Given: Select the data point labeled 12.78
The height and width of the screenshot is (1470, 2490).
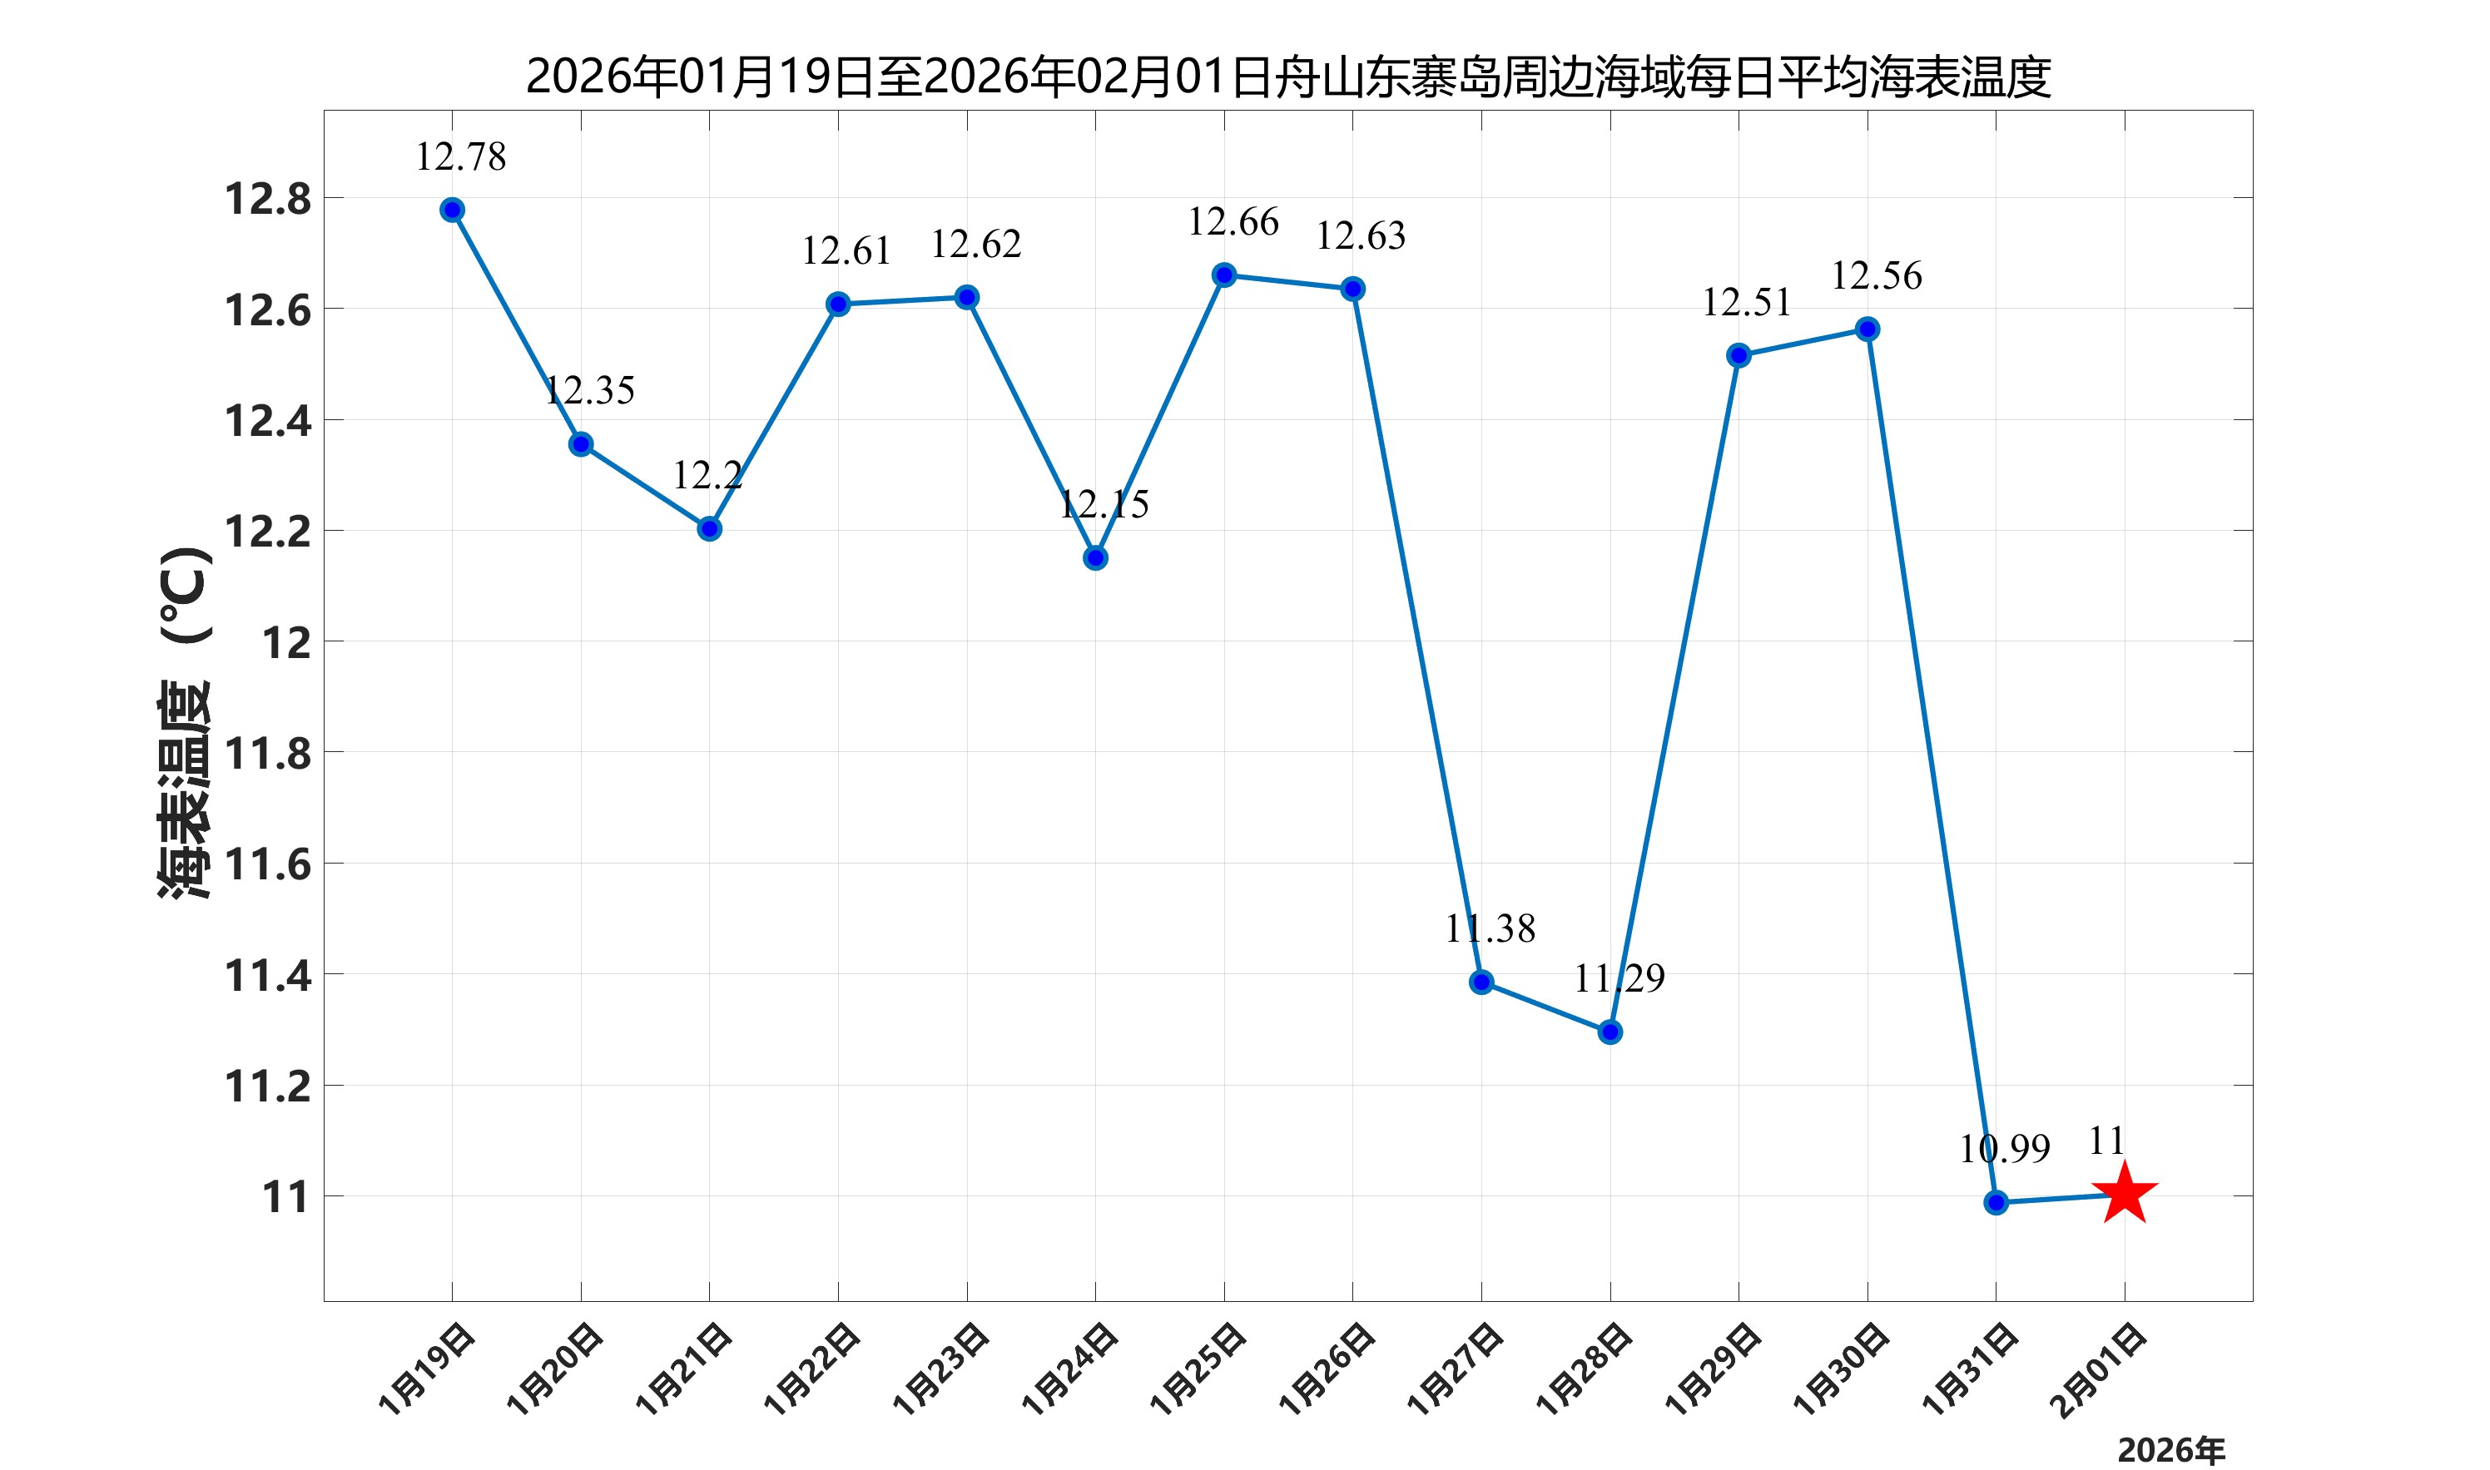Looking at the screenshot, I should tap(452, 210).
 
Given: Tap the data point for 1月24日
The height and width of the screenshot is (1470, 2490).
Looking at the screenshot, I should tap(1095, 559).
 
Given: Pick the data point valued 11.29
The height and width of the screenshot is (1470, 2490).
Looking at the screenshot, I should tap(1610, 1032).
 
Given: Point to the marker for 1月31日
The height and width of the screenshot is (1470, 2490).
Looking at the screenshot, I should tap(1996, 1203).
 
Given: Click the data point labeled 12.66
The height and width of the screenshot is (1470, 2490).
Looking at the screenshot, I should tap(1223, 275).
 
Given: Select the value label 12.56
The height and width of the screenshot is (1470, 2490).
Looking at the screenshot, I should tap(1876, 275).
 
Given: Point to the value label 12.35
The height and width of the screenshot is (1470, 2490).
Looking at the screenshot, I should tap(588, 390).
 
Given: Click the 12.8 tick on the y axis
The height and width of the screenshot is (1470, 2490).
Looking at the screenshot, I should tap(267, 199).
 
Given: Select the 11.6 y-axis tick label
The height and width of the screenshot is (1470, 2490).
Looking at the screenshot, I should tap(267, 864).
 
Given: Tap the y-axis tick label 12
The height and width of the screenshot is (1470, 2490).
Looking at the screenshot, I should tap(285, 644).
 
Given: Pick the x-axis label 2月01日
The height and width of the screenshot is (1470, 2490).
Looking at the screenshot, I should tap(2099, 1369).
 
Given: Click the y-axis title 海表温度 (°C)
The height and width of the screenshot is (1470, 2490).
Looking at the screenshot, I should tap(184, 723).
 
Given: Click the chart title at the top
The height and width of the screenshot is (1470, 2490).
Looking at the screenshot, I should tap(1288, 77).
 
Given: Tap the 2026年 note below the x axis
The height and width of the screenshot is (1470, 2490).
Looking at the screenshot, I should tap(2170, 1450).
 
